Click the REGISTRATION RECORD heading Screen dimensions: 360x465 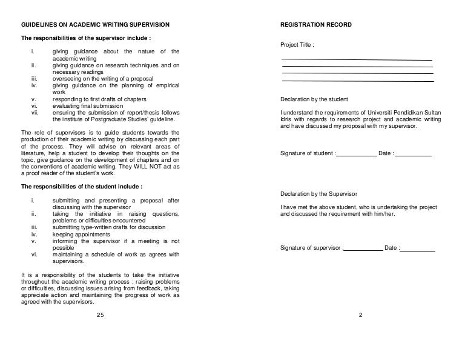coord(317,24)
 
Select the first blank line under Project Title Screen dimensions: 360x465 coord(357,59)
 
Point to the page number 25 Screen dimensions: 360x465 coord(101,315)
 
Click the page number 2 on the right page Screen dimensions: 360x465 coord(360,315)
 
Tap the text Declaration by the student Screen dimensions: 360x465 coord(314,99)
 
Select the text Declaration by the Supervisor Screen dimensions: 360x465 coord(319,194)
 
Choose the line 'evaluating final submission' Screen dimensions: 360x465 coord(88,106)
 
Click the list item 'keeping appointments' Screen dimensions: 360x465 coord(81,234)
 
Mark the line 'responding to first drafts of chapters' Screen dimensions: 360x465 coord(99,99)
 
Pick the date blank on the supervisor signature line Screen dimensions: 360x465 coord(418,249)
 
